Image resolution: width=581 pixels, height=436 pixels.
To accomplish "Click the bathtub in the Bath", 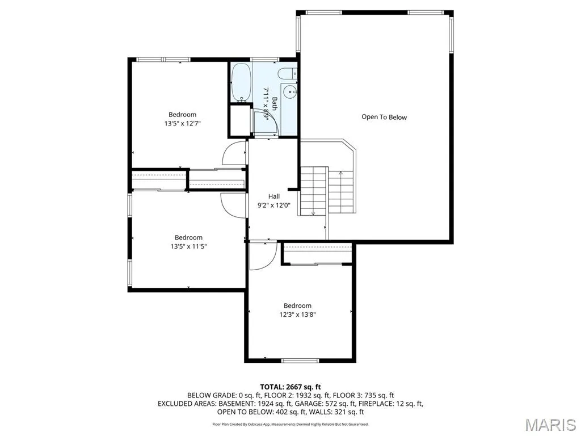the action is [241, 82].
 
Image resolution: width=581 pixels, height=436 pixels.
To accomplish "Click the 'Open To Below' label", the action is [384, 117].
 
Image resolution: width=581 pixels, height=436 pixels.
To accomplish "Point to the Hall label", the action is [274, 196].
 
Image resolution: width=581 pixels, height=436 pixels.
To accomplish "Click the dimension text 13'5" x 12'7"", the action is [182, 123].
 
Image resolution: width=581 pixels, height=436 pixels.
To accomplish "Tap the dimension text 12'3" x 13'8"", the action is [297, 315].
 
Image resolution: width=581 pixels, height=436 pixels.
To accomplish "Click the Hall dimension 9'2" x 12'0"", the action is [274, 205].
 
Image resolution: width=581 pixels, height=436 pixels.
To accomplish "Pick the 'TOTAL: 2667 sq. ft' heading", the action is [290, 387].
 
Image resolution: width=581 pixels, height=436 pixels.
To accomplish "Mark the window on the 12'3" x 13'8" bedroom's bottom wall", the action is [300, 360].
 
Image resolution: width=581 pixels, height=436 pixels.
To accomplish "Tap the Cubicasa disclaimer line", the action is [290, 424].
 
